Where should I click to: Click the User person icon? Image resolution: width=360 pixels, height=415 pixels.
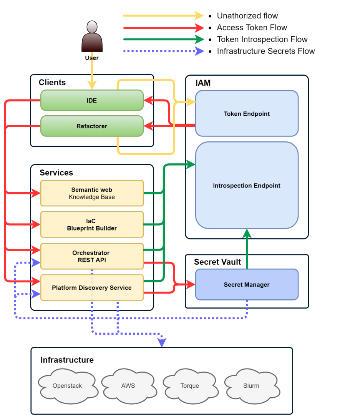pyautogui.click(x=92, y=37)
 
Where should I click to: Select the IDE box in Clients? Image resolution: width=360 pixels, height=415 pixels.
pyautogui.click(x=92, y=101)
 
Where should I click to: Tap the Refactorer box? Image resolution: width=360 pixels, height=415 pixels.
pyautogui.click(x=92, y=126)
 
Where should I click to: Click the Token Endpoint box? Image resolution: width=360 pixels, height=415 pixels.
pyautogui.click(x=247, y=114)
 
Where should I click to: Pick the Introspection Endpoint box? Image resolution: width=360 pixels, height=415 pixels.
pyautogui.click(x=247, y=186)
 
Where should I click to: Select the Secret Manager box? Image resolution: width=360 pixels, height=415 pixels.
pyautogui.click(x=247, y=285)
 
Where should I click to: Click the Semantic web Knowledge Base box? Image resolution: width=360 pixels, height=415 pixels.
pyautogui.click(x=92, y=193)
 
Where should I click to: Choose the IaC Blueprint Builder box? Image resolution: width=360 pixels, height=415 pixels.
pyautogui.click(x=92, y=225)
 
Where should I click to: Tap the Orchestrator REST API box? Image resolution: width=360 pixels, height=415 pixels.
pyautogui.click(x=92, y=256)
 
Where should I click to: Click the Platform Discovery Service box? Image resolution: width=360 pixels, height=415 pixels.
pyautogui.click(x=92, y=288)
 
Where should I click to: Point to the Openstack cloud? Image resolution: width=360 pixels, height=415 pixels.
pyautogui.click(x=67, y=386)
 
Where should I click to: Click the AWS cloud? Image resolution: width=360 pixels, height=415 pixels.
pyautogui.click(x=128, y=386)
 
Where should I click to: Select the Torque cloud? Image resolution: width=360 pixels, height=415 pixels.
pyautogui.click(x=190, y=386)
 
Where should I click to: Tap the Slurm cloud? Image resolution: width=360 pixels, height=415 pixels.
pyautogui.click(x=251, y=386)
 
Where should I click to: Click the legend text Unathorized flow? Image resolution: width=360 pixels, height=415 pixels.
pyautogui.click(x=247, y=16)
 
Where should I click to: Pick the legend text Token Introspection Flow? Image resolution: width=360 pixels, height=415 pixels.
pyautogui.click(x=262, y=40)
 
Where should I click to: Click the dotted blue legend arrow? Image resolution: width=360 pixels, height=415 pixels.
pyautogui.click(x=163, y=51)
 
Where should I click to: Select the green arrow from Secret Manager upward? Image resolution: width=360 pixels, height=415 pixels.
pyautogui.click(x=247, y=250)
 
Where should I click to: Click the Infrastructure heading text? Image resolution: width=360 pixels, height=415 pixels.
pyautogui.click(x=67, y=360)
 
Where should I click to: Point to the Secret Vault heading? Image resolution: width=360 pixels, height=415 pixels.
pyautogui.click(x=217, y=262)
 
